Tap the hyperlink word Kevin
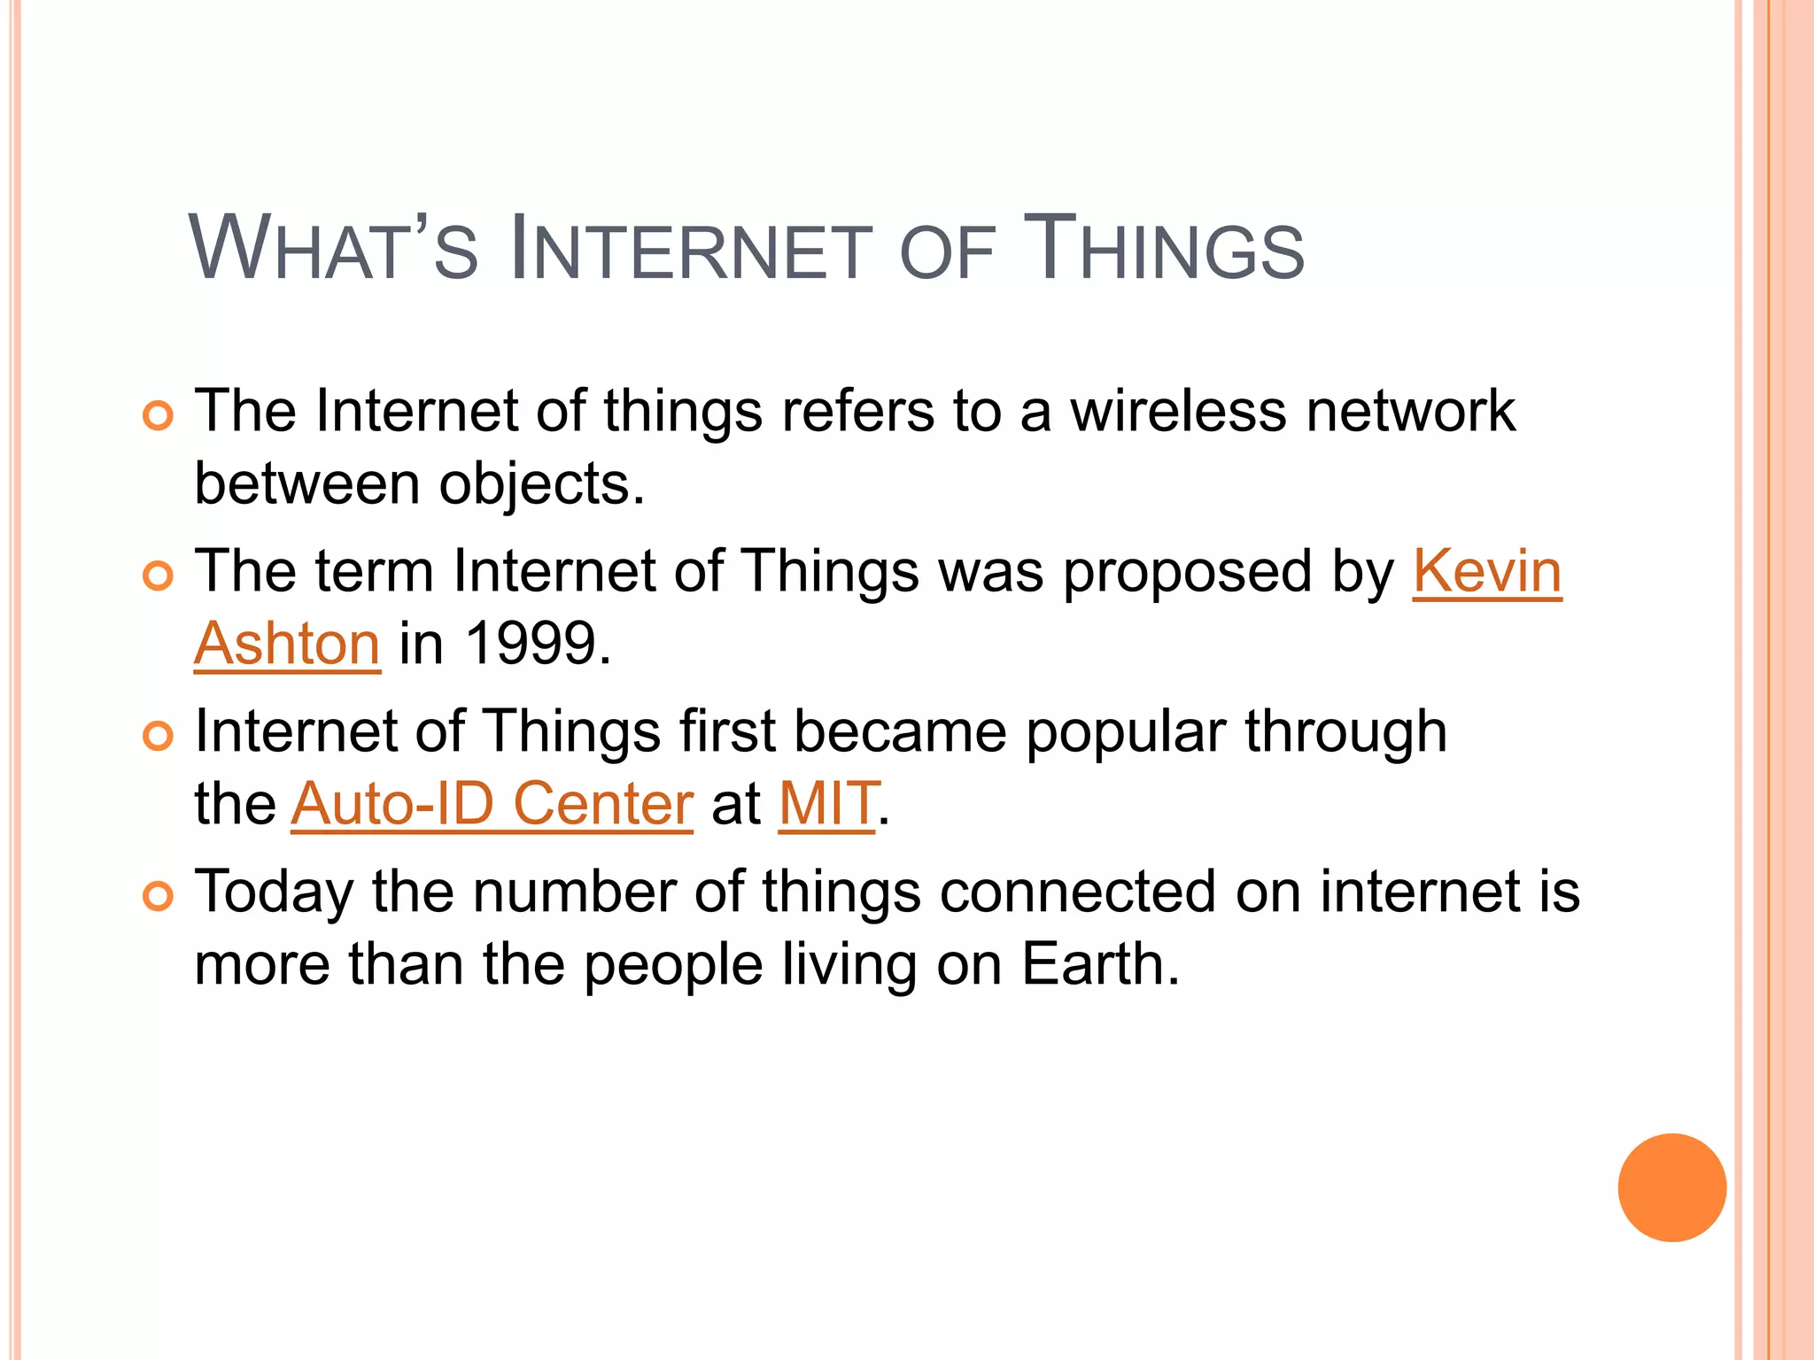coord(1486,571)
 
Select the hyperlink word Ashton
coord(287,643)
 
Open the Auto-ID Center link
coord(492,803)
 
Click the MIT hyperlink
coord(827,803)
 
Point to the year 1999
coord(531,643)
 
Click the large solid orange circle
coord(1671,1187)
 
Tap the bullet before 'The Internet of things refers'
coord(158,414)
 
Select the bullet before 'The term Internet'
coord(158,576)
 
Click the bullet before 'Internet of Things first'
coord(158,736)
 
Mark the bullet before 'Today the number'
coord(158,896)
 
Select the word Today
coord(273,893)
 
